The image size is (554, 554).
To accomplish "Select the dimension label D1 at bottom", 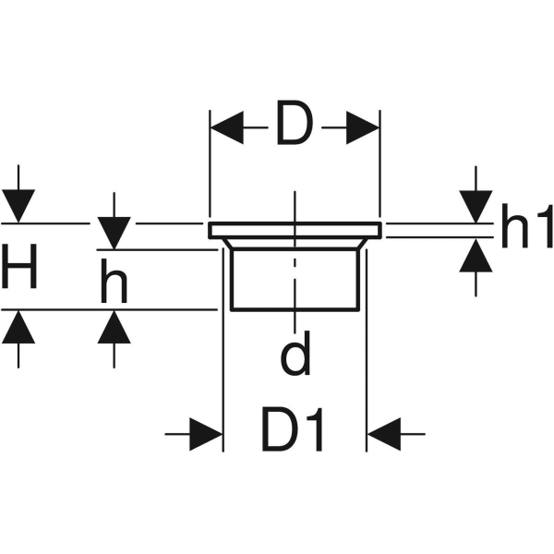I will coord(293,430).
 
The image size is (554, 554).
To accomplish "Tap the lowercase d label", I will coord(294,358).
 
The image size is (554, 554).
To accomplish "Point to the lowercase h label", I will coord(113,286).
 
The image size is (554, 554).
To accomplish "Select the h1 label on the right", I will coord(527,231).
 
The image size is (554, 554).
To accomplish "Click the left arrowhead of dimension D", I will coord(226,128).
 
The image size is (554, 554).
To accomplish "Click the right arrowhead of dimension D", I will coord(362,128).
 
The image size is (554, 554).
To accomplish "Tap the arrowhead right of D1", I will coord(383,431).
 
